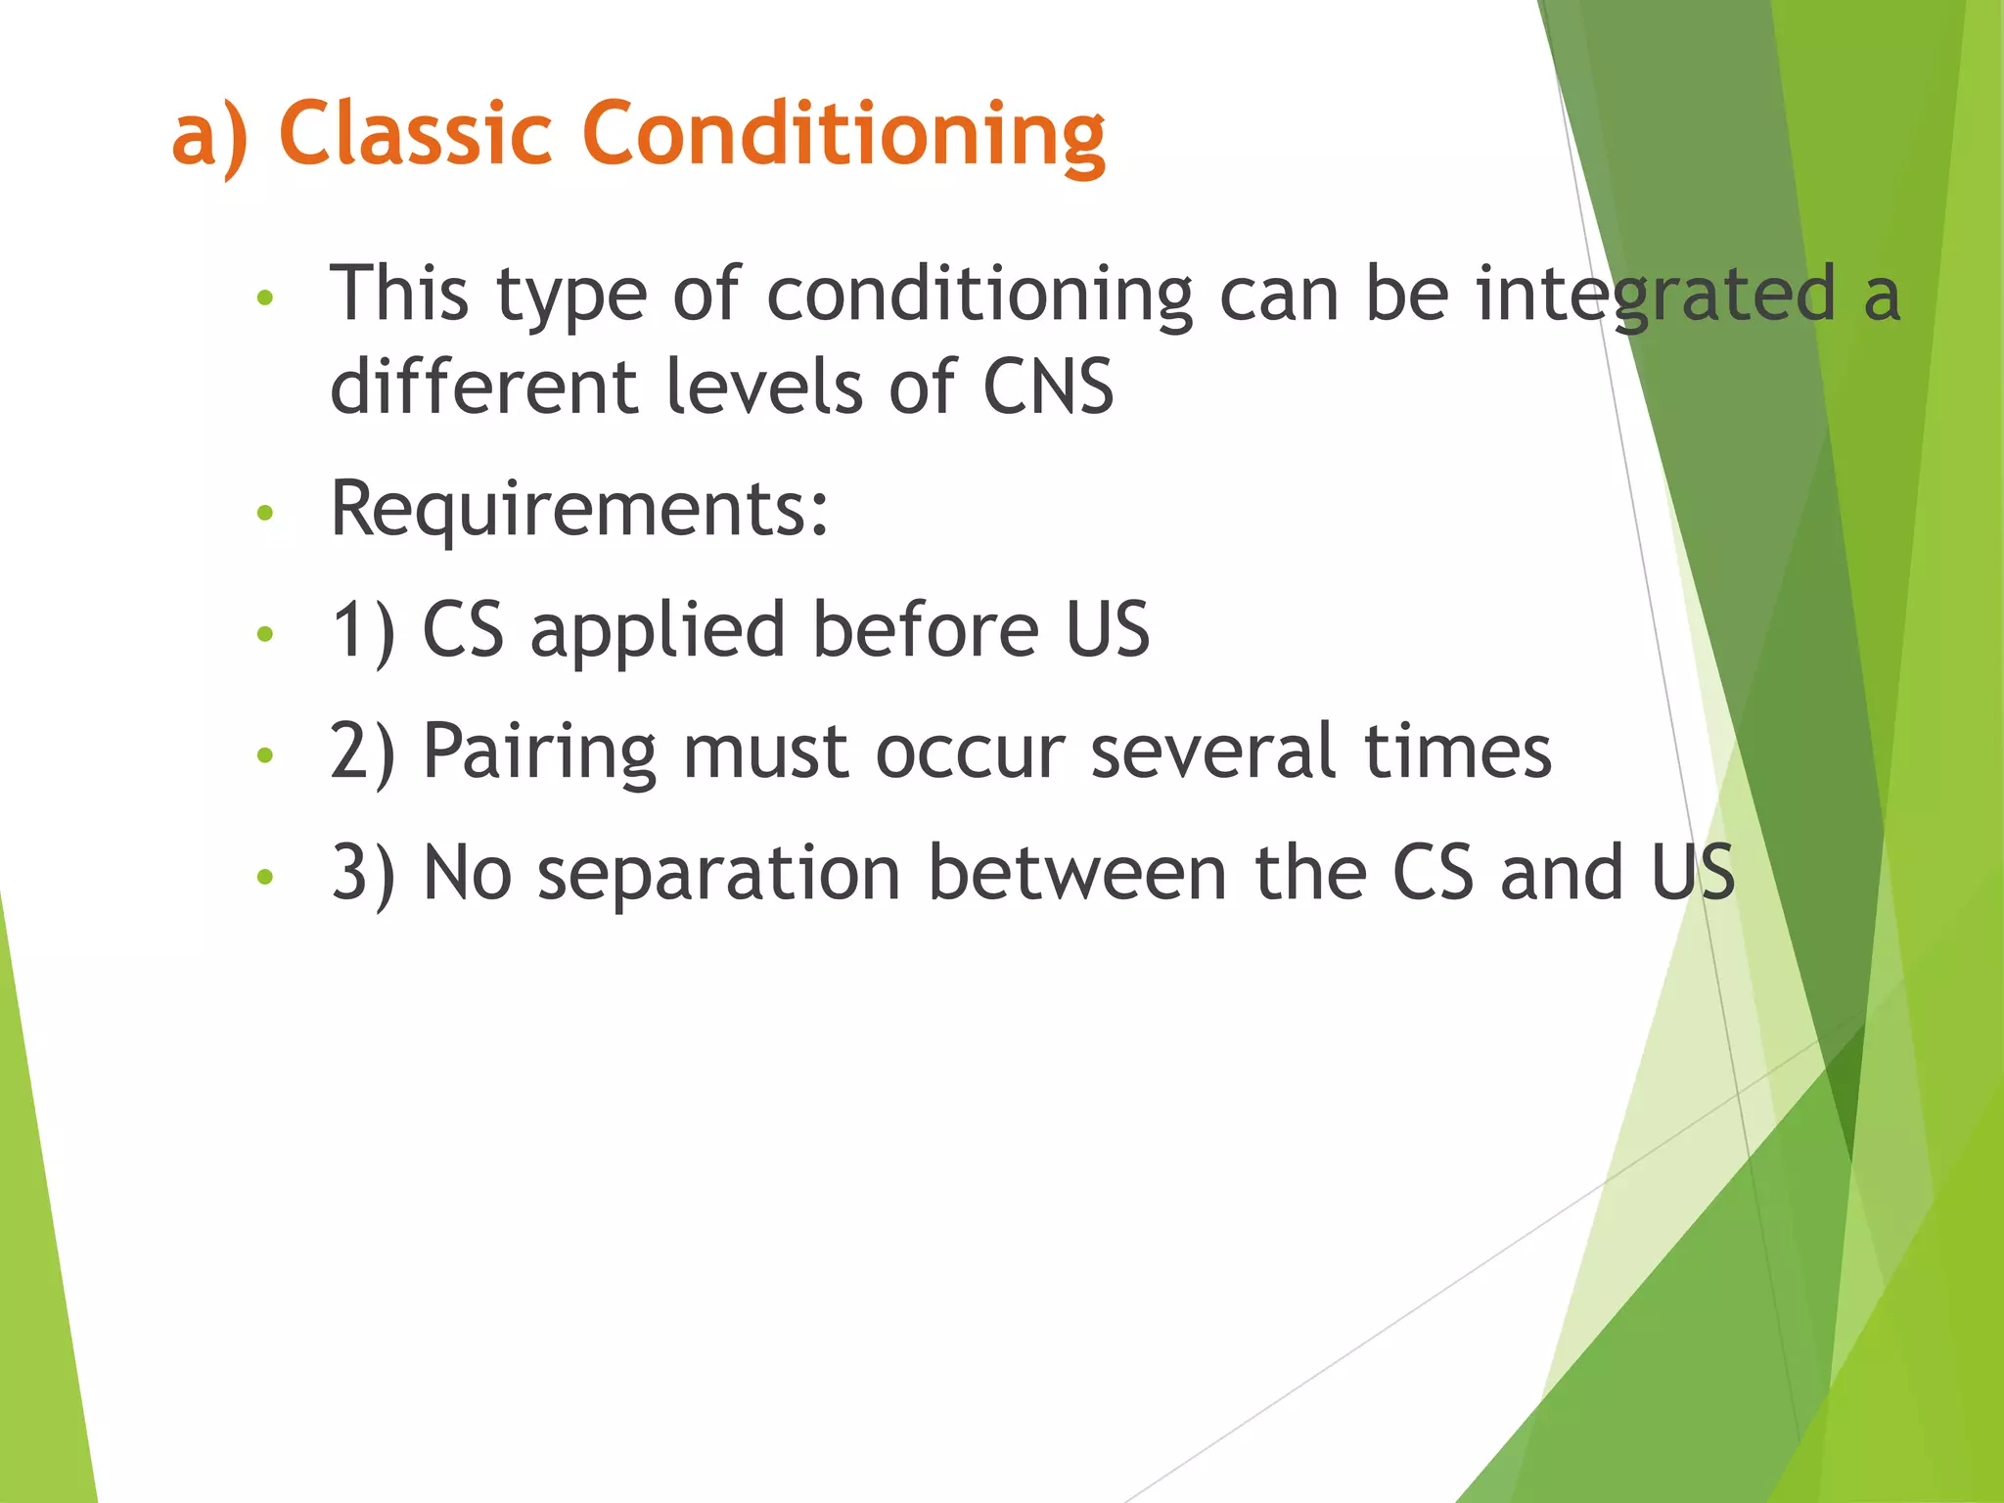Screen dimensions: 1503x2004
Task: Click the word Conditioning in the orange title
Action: coord(843,135)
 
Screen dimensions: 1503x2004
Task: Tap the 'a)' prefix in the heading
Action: coord(209,135)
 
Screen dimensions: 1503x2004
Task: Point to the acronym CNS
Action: coord(1047,387)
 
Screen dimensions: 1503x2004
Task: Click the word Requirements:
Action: coord(579,508)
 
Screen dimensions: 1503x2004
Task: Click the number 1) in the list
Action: coord(363,631)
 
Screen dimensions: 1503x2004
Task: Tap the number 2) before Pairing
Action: coord(363,752)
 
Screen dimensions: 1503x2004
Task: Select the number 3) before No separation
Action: coord(363,874)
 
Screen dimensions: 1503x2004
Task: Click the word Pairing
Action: coord(539,752)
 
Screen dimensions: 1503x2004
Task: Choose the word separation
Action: coord(718,874)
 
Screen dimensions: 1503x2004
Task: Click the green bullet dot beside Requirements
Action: coord(264,513)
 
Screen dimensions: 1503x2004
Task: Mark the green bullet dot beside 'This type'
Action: coord(264,297)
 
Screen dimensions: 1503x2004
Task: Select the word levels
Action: coord(763,387)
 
